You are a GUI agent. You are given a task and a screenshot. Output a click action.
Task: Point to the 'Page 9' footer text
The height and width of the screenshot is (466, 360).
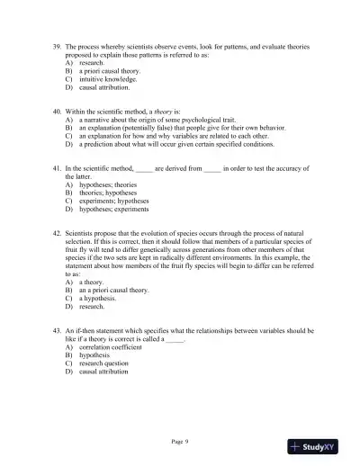179,441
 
